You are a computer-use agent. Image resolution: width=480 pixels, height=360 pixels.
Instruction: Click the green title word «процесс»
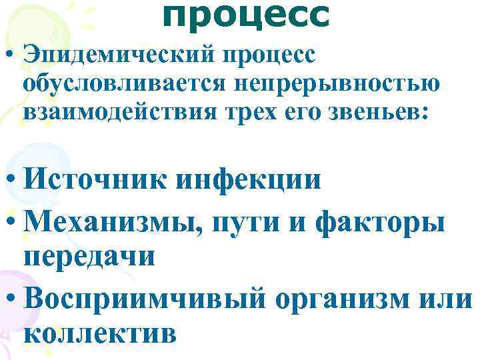pos(245,16)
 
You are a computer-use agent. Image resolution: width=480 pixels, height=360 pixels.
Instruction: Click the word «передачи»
pos(89,259)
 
